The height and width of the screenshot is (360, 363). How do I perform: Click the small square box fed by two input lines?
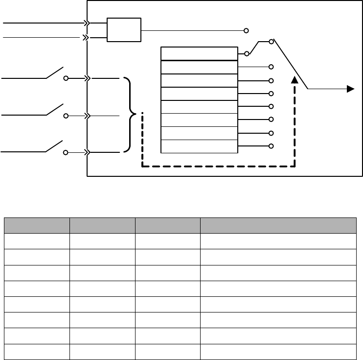pyautogui.click(x=123, y=30)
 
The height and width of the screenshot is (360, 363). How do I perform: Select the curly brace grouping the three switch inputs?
pyautogui.click(x=130, y=115)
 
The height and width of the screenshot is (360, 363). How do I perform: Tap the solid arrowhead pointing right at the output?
pyautogui.click(x=350, y=89)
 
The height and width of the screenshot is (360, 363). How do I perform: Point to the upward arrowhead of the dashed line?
pyautogui.click(x=294, y=80)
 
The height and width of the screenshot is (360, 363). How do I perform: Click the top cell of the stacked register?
pyautogui.click(x=199, y=53)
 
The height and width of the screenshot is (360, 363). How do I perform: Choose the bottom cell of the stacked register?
pyautogui.click(x=199, y=146)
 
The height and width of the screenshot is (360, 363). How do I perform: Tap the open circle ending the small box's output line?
pyautogui.click(x=247, y=30)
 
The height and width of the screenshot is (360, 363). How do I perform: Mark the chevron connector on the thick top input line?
pyautogui.click(x=87, y=23)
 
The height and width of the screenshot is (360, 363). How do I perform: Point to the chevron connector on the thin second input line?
pyautogui.click(x=86, y=37)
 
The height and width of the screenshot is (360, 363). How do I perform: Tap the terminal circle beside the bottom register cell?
pyautogui.click(x=271, y=146)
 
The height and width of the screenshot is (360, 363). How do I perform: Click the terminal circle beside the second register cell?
pyautogui.click(x=271, y=67)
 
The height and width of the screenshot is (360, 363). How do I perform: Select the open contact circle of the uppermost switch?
pyautogui.click(x=66, y=78)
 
